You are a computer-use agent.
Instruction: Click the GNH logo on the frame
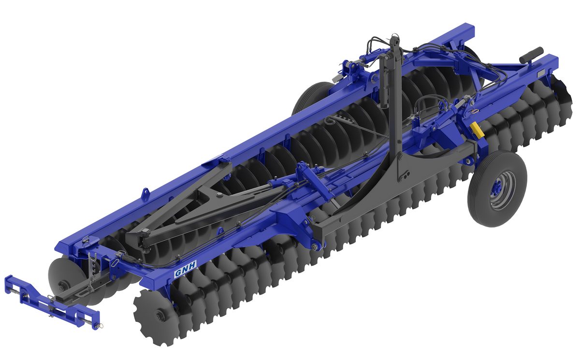pyautogui.click(x=186, y=269)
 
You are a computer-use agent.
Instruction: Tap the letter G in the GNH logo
pyautogui.click(x=178, y=273)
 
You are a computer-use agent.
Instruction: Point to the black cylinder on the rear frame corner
pyautogui.click(x=531, y=55)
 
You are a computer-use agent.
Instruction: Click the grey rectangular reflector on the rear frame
pyautogui.click(x=542, y=73)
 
